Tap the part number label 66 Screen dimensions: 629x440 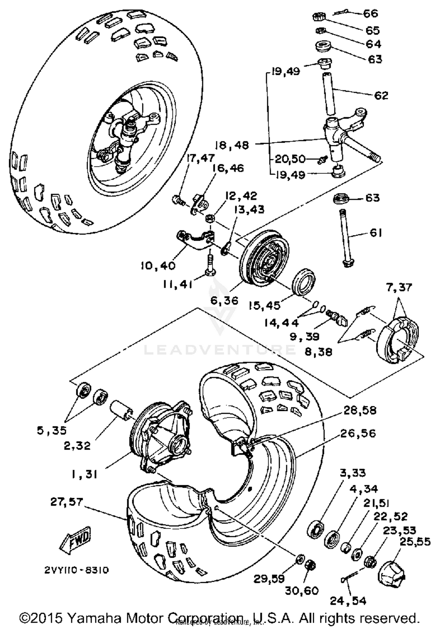coord(370,14)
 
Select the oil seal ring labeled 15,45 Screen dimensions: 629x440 coord(304,281)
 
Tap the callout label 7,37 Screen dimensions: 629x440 coord(399,287)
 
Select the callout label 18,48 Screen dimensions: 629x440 coord(232,145)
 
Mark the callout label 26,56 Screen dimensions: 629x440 coord(358,433)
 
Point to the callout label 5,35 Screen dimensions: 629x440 coord(52,430)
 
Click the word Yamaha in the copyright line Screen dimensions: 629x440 coord(94,618)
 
